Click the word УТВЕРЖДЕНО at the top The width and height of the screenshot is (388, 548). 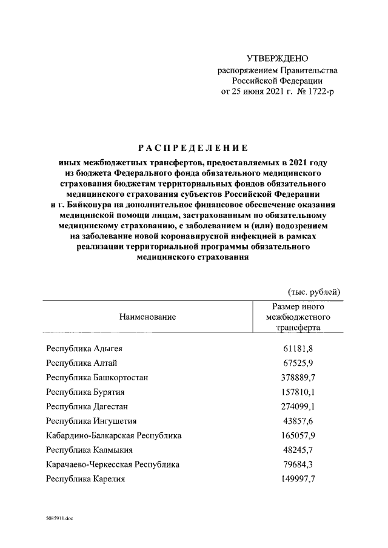(278, 58)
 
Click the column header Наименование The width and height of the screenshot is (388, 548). (147, 317)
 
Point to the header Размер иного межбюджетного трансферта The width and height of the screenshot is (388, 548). (297, 317)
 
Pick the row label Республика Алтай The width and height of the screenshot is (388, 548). (81, 363)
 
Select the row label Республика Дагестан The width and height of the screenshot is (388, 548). (87, 406)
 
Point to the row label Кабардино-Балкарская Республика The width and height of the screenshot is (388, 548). (113, 435)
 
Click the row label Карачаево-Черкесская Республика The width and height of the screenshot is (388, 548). (113, 464)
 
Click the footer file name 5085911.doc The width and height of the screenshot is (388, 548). (58, 519)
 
